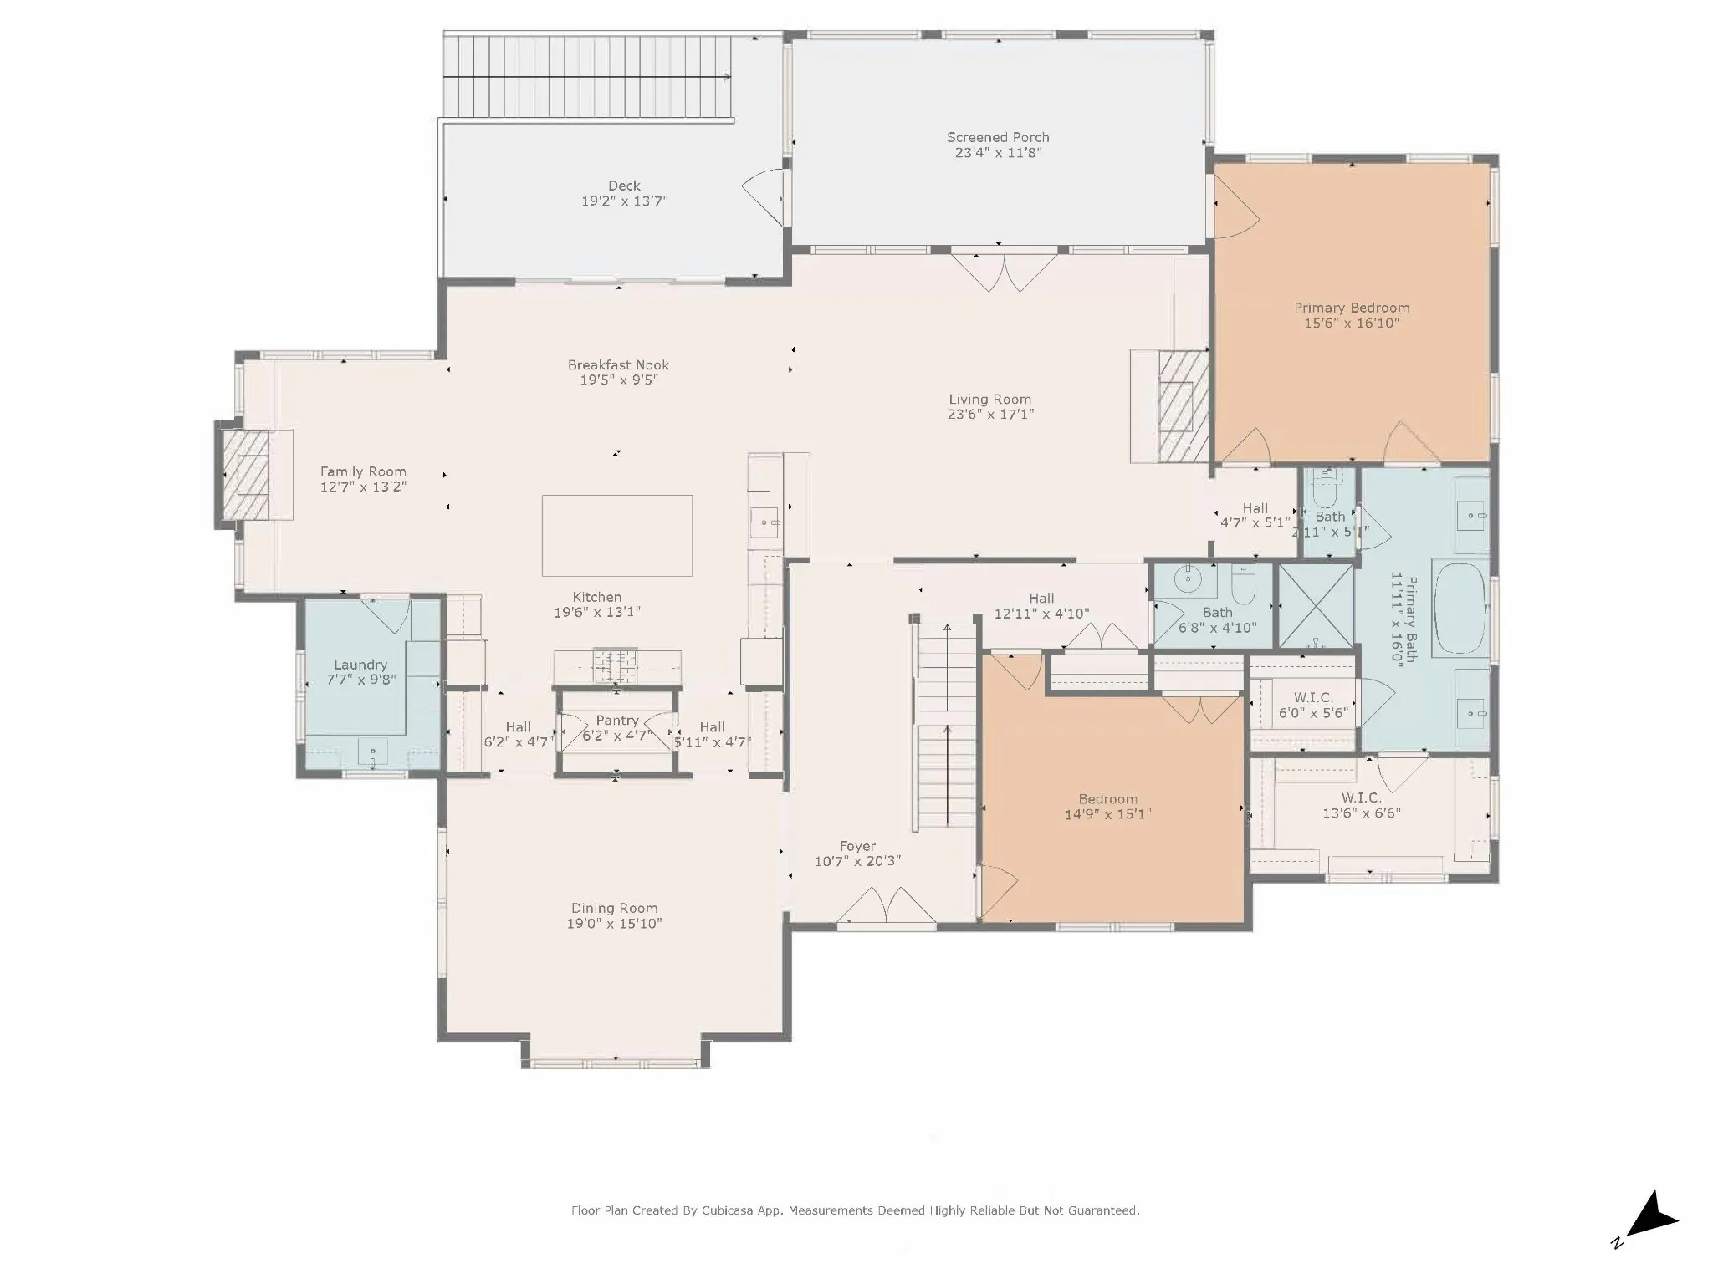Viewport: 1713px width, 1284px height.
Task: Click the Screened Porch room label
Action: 998,137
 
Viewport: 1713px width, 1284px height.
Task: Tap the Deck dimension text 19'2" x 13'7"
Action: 625,201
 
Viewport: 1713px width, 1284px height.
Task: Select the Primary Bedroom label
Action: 1352,308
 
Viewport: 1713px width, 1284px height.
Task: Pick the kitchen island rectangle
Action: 617,536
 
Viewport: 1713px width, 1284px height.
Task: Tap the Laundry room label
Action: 360,665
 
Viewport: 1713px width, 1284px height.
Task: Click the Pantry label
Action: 617,721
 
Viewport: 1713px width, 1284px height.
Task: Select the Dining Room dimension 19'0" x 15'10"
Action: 614,924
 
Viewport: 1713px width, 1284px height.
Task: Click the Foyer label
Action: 857,846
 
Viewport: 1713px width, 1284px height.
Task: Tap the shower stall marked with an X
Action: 1317,606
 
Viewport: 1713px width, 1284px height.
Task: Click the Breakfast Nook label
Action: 618,364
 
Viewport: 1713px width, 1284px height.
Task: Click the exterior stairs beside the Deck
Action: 588,78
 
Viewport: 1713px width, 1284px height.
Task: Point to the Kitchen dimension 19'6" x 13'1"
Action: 597,612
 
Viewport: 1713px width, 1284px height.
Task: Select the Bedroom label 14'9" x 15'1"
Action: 1107,806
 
